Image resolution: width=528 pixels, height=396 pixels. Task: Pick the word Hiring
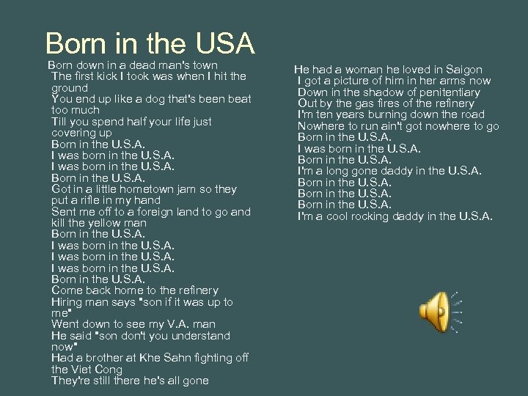point(67,302)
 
